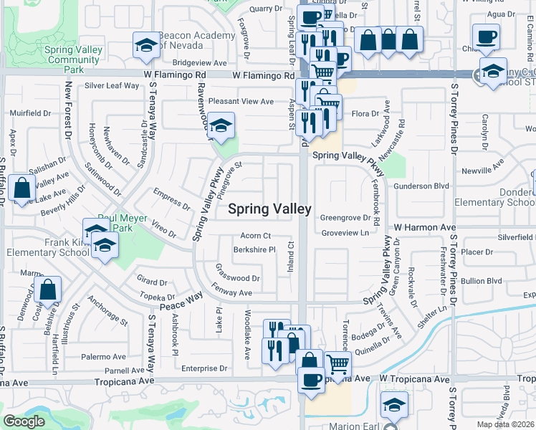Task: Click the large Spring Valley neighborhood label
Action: (269, 209)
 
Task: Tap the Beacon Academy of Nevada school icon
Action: (146, 47)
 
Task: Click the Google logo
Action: (24, 421)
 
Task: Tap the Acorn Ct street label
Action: (255, 235)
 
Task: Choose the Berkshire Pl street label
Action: (254, 249)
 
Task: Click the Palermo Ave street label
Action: (104, 356)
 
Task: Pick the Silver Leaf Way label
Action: (112, 86)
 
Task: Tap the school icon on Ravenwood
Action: (221, 125)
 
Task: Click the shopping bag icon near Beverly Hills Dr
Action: (22, 189)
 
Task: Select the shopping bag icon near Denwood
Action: (49, 290)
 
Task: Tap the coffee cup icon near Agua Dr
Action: (485, 36)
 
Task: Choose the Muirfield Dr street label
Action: (30, 113)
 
